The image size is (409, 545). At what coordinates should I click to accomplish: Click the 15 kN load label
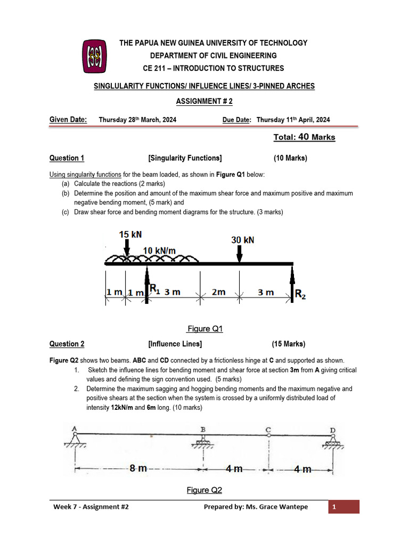tap(130, 235)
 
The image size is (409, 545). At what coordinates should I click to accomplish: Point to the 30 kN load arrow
tap(239, 254)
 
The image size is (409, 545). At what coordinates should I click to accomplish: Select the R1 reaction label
tap(154, 289)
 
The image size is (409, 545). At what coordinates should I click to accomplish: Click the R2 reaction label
tap(300, 294)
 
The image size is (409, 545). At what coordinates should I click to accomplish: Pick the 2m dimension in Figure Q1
tap(219, 292)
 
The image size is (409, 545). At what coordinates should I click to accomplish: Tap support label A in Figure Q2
tap(75, 428)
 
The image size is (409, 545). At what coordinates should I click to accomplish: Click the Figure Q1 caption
tap(205, 329)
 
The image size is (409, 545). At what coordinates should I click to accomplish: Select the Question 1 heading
tap(67, 158)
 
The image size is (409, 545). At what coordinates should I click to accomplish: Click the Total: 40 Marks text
tap(304, 137)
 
